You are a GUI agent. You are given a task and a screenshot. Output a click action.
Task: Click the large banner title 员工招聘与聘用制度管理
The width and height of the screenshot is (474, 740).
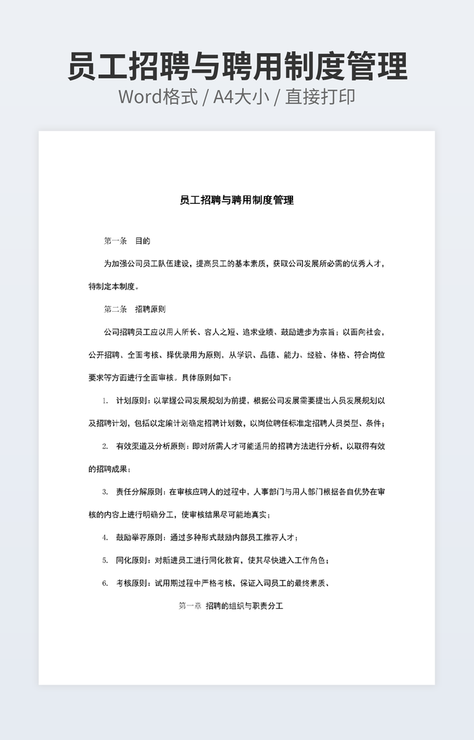(x=237, y=67)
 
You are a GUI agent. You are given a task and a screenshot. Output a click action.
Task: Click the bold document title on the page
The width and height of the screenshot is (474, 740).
(x=236, y=200)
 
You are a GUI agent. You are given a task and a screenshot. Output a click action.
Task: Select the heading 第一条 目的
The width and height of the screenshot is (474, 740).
(x=127, y=241)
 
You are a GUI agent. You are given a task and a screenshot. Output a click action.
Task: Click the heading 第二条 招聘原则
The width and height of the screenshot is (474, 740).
(x=134, y=309)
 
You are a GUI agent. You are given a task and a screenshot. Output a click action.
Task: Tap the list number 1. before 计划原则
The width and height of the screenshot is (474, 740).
(x=104, y=401)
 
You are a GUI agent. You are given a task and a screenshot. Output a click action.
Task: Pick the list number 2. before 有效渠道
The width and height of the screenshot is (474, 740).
(x=104, y=446)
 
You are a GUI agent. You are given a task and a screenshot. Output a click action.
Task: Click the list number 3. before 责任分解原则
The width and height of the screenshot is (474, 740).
(x=104, y=492)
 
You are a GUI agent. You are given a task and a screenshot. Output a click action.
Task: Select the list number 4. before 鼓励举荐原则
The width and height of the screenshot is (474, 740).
(x=104, y=537)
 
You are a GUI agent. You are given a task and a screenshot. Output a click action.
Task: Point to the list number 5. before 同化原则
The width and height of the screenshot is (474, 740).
(x=104, y=561)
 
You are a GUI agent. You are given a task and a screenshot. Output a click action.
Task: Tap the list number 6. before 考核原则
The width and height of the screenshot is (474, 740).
(x=104, y=583)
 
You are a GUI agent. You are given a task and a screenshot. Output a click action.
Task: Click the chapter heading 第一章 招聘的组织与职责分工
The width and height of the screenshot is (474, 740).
(x=231, y=605)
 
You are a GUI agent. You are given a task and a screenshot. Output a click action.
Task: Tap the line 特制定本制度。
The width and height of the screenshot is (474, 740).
(x=114, y=287)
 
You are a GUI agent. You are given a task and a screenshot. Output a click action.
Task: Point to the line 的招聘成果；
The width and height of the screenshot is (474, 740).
(x=109, y=469)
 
